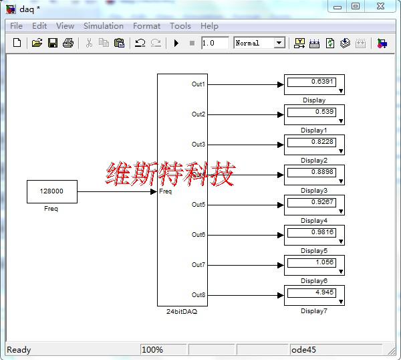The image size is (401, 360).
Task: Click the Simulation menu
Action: [x=103, y=26]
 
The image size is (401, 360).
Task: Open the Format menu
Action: [x=146, y=26]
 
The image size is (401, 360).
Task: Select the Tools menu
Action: [x=180, y=26]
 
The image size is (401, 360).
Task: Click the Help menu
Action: [x=209, y=26]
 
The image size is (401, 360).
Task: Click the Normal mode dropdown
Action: [x=259, y=43]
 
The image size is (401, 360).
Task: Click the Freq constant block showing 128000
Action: [x=51, y=191]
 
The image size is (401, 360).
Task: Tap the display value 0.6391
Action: [x=311, y=82]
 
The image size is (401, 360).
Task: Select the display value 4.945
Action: [x=311, y=292]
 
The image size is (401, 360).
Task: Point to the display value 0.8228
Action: [x=311, y=142]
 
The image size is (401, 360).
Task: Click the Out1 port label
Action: [x=198, y=84]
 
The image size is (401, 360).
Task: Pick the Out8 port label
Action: [x=198, y=295]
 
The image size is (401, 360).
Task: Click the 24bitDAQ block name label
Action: [x=182, y=311]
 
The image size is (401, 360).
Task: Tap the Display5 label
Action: [x=314, y=251]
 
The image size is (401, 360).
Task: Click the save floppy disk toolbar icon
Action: [x=52, y=43]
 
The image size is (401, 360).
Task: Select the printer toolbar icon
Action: [x=68, y=43]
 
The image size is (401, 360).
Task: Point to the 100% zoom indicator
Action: [x=152, y=349]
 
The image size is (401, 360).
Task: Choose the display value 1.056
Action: [x=311, y=262]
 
